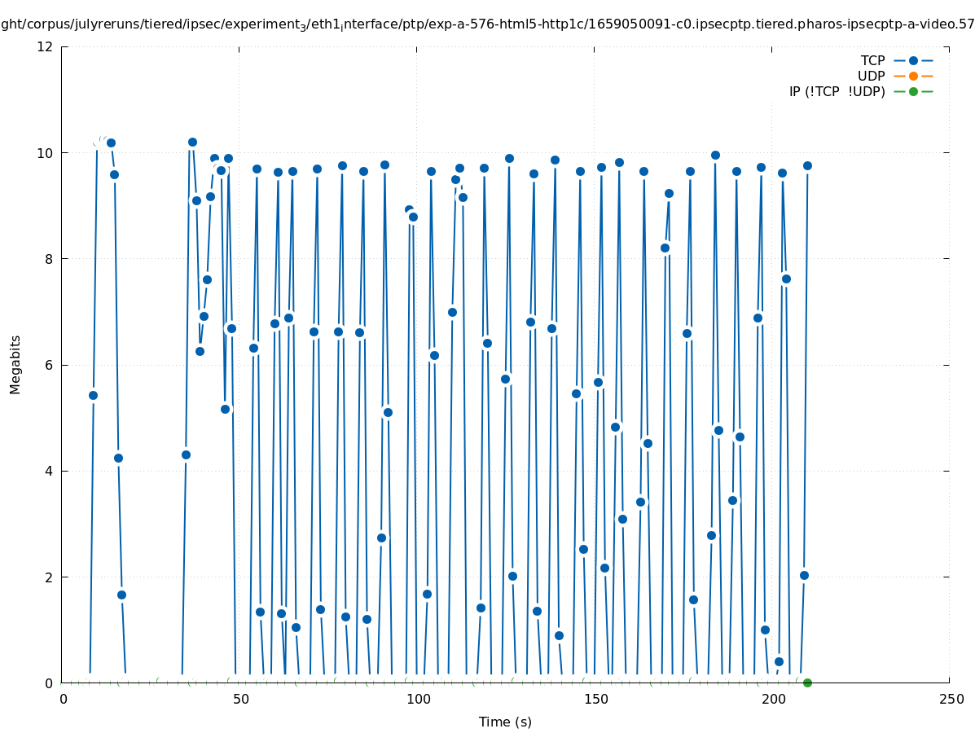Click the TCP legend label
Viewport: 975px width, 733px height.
pyautogui.click(x=872, y=60)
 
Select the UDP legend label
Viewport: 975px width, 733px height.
pyautogui.click(x=871, y=76)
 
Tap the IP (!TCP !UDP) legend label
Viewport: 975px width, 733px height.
pyautogui.click(x=837, y=91)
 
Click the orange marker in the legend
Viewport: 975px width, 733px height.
pyautogui.click(x=913, y=76)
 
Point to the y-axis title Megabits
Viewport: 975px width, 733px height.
pyautogui.click(x=15, y=364)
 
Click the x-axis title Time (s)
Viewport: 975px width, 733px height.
pyautogui.click(x=505, y=722)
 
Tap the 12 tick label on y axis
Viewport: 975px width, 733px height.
pyautogui.click(x=45, y=46)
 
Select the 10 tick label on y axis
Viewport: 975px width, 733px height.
pyautogui.click(x=45, y=153)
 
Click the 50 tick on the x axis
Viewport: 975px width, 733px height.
pyautogui.click(x=240, y=699)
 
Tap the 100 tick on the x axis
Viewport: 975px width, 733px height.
pyautogui.click(x=418, y=699)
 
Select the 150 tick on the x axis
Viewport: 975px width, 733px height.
pyautogui.click(x=595, y=699)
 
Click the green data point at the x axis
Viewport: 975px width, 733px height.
pyautogui.click(x=807, y=683)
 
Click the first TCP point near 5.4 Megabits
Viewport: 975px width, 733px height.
pyautogui.click(x=93, y=395)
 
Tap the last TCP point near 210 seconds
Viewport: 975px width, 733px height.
pyautogui.click(x=807, y=165)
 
